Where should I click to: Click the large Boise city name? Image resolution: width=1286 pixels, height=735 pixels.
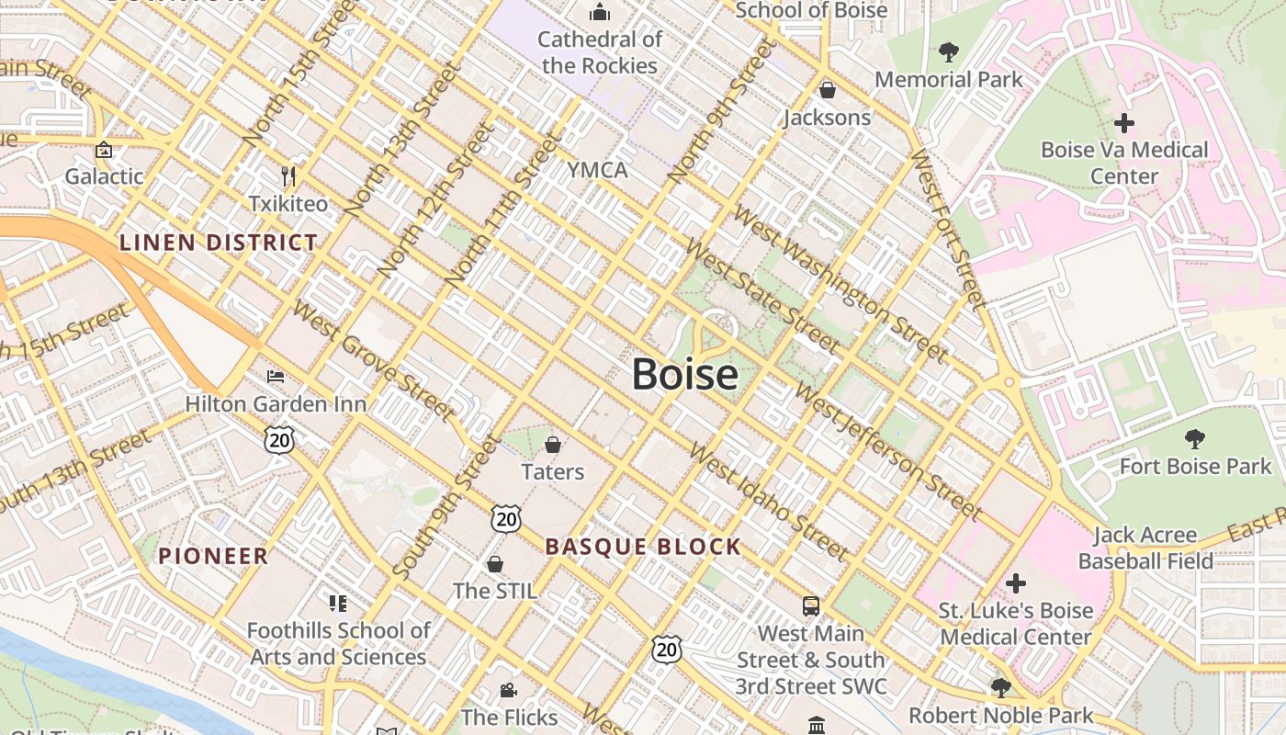[x=685, y=375]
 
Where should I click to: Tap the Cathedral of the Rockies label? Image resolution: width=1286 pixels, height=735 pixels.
[x=600, y=52]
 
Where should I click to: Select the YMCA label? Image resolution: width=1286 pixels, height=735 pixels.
[x=597, y=170]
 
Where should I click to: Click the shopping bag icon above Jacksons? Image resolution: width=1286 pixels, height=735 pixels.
[x=828, y=90]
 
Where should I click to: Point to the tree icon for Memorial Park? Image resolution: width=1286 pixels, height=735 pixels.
[x=949, y=52]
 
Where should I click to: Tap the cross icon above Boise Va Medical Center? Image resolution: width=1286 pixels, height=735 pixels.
[x=1123, y=122]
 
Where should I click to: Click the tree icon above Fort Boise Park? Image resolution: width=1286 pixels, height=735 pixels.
[x=1195, y=439]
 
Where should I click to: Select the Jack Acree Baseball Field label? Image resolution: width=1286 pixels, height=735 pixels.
[x=1145, y=548]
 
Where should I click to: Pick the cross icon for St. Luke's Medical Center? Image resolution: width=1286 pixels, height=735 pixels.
[x=1015, y=582]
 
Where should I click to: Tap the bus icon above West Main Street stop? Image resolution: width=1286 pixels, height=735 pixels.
[x=811, y=606]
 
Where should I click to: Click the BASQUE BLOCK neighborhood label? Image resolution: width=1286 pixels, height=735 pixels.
[x=643, y=547]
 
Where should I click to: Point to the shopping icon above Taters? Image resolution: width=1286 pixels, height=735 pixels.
[x=553, y=445]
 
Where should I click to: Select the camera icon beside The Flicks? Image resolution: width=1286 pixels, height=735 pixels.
[x=508, y=690]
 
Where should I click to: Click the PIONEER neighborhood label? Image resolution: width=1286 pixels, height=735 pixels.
[x=213, y=556]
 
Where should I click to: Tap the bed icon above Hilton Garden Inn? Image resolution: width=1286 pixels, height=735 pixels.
[x=275, y=377]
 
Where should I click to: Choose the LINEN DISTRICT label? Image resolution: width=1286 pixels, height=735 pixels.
[x=219, y=243]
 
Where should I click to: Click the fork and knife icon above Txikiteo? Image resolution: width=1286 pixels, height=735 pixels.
[x=288, y=175]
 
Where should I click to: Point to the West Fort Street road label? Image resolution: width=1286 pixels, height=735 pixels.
[x=947, y=228]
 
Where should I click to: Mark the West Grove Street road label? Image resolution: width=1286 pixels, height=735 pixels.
[x=373, y=362]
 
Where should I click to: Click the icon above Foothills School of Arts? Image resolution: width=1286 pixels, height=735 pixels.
[x=338, y=604]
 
